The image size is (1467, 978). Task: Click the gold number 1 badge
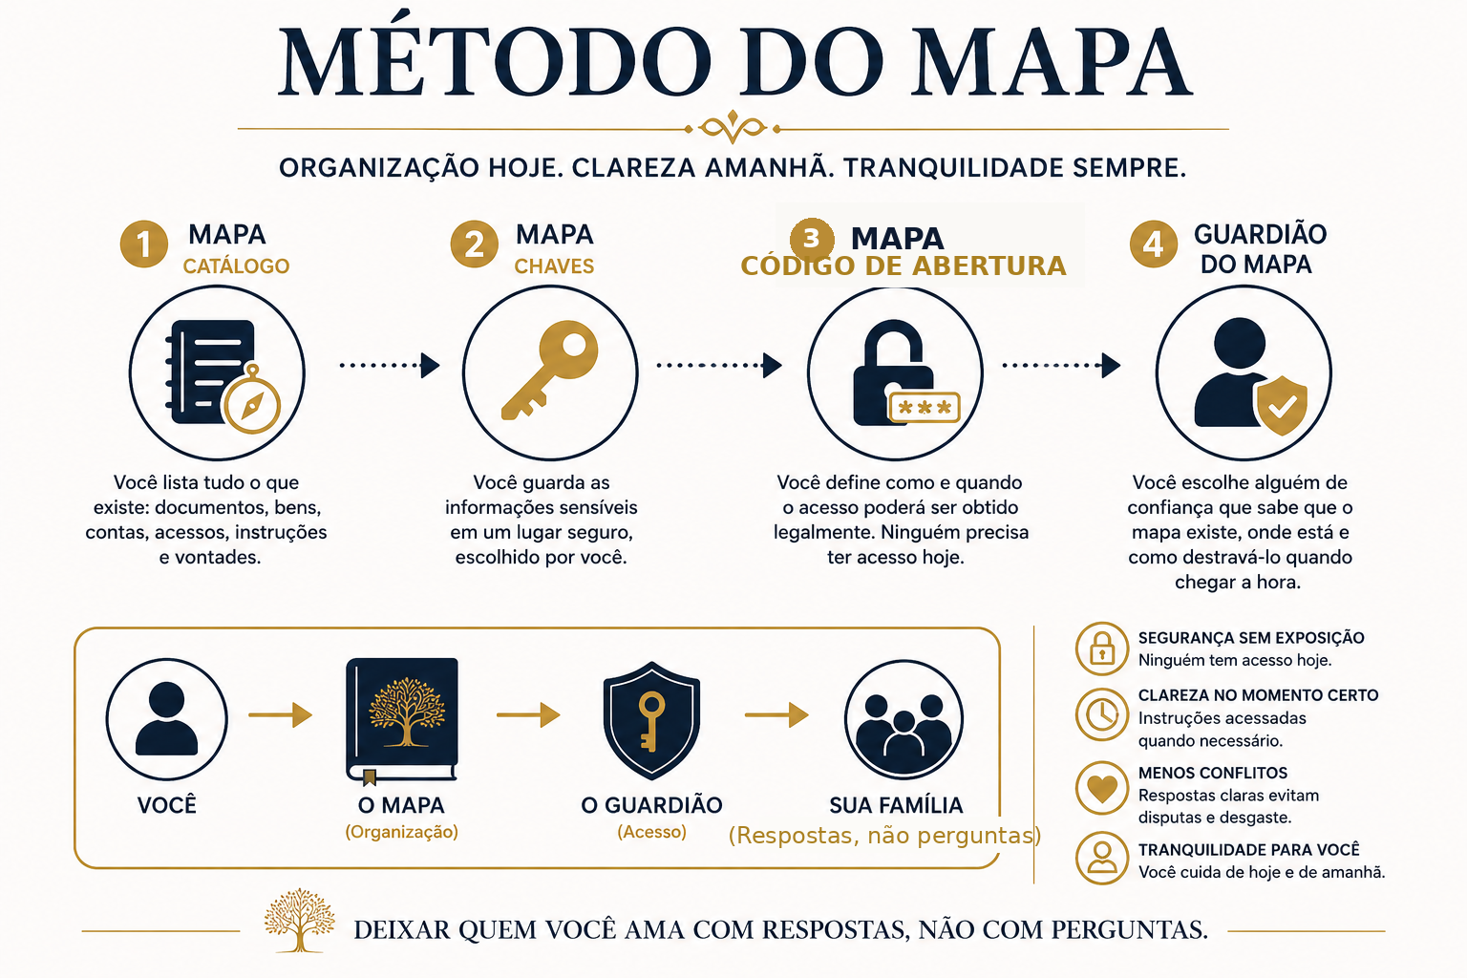coord(144,244)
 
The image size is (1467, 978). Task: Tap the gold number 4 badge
coord(1154,244)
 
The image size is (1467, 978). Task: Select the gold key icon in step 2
coord(549,370)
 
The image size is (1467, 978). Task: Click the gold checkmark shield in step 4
coord(1282,405)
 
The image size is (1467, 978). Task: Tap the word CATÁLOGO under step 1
coord(236,266)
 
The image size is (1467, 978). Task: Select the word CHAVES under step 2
coord(554,266)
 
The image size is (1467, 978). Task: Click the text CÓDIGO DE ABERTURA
coord(904,266)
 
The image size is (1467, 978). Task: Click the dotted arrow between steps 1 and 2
coord(390,365)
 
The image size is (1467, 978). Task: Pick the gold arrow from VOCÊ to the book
coord(280,714)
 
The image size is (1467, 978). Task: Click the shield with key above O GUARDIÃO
coord(651,720)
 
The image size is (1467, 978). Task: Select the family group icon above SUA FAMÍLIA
coord(904,720)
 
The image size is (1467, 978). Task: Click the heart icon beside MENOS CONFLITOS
coord(1102,787)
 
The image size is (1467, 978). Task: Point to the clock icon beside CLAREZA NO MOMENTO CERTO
coord(1102,714)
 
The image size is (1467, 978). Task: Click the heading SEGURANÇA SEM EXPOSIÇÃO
coord(1251,638)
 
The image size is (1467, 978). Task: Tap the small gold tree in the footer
coord(299,921)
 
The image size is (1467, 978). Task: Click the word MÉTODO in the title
coord(495,61)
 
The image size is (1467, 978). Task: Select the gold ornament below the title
coord(733,127)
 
